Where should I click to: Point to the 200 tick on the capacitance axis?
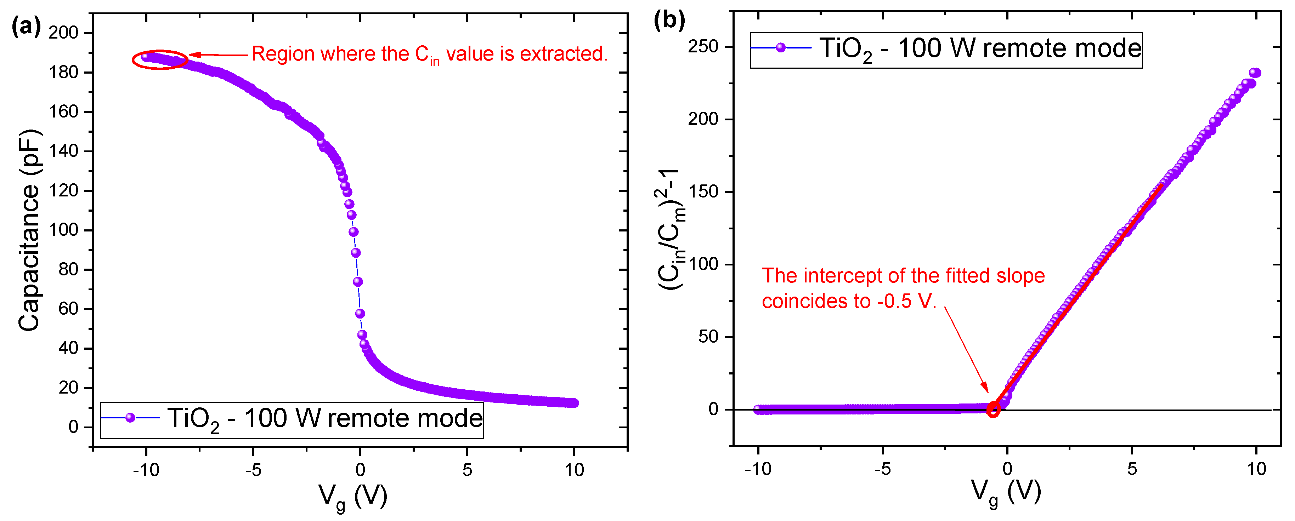[x=63, y=33]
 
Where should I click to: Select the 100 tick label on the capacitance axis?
[x=63, y=230]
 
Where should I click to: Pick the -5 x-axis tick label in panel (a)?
[x=253, y=470]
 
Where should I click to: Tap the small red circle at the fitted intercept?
[x=993, y=410]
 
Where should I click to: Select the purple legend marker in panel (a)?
[x=130, y=418]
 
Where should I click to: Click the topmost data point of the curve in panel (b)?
[x=1255, y=73]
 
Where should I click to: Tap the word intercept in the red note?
[x=837, y=276]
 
